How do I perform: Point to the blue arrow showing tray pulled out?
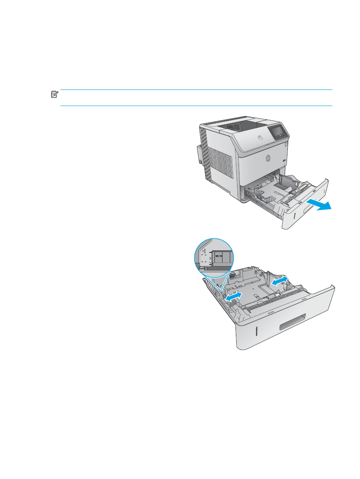coord(319,205)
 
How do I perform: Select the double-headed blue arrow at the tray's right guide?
coord(279,281)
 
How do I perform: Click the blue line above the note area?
coord(196,90)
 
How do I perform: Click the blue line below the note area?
coord(196,106)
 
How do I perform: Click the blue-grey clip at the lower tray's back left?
coord(232,277)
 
